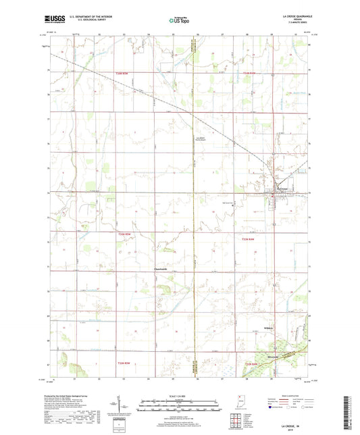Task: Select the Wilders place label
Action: coord(269,329)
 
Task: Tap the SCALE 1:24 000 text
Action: coord(180,396)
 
